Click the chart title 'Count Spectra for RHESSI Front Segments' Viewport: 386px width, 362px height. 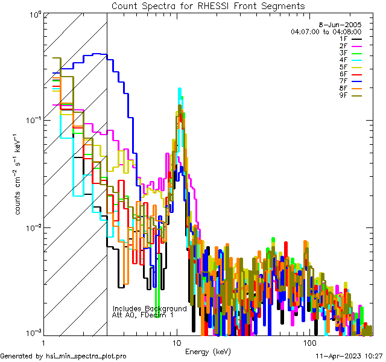click(208, 6)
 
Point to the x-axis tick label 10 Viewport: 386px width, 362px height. click(177, 343)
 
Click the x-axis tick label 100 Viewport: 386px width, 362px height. click(309, 343)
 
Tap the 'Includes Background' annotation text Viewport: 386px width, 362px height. click(150, 308)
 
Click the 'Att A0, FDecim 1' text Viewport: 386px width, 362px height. click(143, 315)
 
